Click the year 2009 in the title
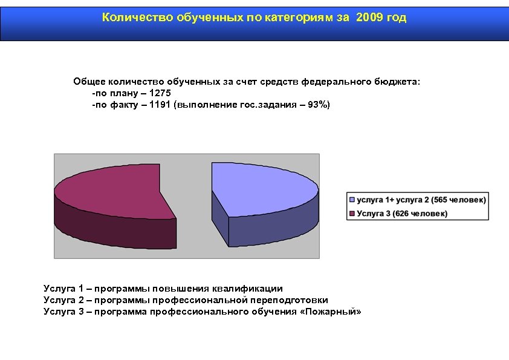[x=370, y=18]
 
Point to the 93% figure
[x=317, y=105]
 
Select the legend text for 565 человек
[x=421, y=200]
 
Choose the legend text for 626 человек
[x=402, y=214]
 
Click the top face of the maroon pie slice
[x=109, y=188]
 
